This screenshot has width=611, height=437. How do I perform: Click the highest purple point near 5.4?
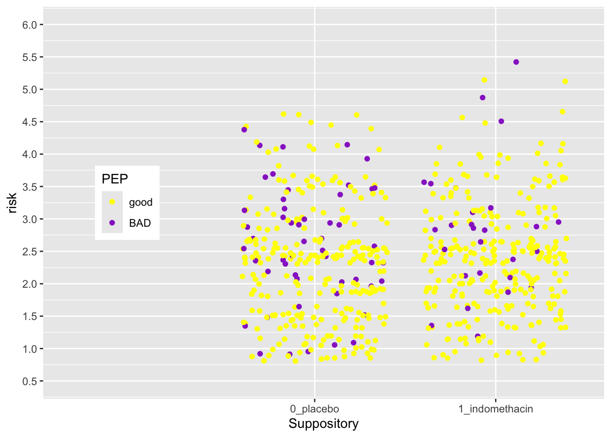pyautogui.click(x=516, y=62)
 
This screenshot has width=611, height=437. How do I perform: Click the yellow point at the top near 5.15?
pyautogui.click(x=484, y=80)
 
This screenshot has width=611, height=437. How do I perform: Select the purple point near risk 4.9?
pyautogui.click(x=482, y=97)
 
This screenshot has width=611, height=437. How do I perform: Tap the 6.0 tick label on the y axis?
pyautogui.click(x=30, y=25)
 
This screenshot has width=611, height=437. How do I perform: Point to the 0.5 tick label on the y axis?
pyautogui.click(x=30, y=381)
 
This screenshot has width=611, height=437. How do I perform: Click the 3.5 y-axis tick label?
pyautogui.click(x=30, y=187)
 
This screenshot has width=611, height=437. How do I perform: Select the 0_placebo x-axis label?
pyautogui.click(x=314, y=409)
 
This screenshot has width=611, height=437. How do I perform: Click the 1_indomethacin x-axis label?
pyautogui.click(x=496, y=409)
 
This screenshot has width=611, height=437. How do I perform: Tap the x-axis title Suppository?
pyautogui.click(x=323, y=424)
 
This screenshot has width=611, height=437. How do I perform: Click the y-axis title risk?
pyautogui.click(x=12, y=203)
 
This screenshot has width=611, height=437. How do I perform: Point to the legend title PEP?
pyautogui.click(x=115, y=179)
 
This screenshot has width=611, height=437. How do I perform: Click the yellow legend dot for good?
pyautogui.click(x=112, y=202)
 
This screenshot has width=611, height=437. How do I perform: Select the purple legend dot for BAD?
pyautogui.click(x=112, y=223)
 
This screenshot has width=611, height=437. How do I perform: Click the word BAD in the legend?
pyautogui.click(x=140, y=223)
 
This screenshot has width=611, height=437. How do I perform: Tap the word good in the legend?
pyautogui.click(x=140, y=203)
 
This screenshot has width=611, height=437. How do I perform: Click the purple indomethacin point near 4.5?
pyautogui.click(x=501, y=121)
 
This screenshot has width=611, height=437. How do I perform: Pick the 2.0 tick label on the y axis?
pyautogui.click(x=30, y=284)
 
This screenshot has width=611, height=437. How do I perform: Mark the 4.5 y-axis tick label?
pyautogui.click(x=30, y=122)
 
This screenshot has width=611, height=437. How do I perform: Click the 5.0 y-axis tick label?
pyautogui.click(x=30, y=90)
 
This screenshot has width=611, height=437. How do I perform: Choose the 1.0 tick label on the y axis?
pyautogui.click(x=30, y=349)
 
